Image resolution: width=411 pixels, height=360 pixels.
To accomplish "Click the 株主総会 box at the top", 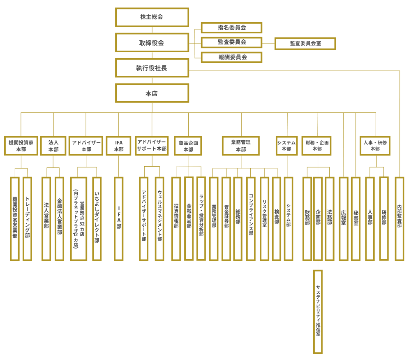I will click(152, 17).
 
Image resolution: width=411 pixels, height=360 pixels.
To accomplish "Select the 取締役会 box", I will click(152, 43).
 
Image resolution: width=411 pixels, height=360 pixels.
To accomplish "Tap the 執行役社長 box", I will click(152, 68).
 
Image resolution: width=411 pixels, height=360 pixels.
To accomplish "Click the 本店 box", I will click(152, 93).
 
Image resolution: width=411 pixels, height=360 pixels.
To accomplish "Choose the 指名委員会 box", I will click(231, 28).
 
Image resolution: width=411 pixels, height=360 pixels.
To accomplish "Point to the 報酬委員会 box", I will click(231, 57).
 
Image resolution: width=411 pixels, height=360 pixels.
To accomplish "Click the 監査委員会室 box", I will click(305, 44).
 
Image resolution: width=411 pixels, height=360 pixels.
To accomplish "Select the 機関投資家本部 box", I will click(21, 146).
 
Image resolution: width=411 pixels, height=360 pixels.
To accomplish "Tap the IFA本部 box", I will click(118, 146).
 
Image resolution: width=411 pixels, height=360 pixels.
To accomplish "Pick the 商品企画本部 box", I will click(188, 146).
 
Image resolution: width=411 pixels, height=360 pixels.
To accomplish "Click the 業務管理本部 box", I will click(241, 146).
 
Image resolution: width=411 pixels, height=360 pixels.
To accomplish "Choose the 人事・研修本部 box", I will click(375, 146).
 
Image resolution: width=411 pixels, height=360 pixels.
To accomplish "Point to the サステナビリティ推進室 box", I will click(318, 311).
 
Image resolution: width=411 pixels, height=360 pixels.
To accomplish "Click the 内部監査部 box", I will click(399, 219).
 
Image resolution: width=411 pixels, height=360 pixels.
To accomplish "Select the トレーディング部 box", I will click(28, 219).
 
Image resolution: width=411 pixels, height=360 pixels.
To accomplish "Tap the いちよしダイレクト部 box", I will click(97, 219).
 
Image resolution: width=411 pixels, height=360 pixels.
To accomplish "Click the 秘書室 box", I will click(356, 219).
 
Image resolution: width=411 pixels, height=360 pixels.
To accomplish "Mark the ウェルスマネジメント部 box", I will click(159, 219).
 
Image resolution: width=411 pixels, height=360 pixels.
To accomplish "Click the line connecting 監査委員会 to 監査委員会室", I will click(268, 43).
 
